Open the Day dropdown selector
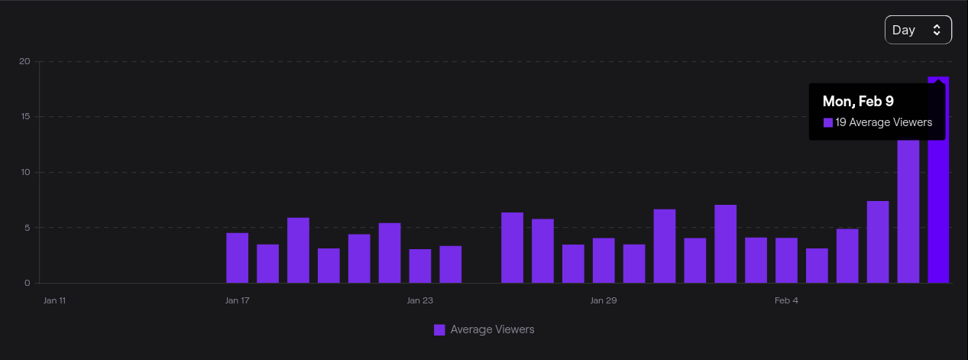918,30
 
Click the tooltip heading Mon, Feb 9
858,101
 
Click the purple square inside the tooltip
827,122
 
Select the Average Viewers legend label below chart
492,329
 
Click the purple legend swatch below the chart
439,330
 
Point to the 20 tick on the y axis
25,61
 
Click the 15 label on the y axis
25,117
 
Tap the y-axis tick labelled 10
25,172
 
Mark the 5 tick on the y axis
27,228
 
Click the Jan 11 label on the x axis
54,300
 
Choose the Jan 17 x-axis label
237,300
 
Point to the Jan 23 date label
420,300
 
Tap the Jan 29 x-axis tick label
603,300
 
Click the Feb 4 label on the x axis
786,300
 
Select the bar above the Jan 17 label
237,258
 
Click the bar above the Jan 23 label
420,266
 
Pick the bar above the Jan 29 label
603,261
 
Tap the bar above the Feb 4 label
786,261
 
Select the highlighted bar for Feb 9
938,214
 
